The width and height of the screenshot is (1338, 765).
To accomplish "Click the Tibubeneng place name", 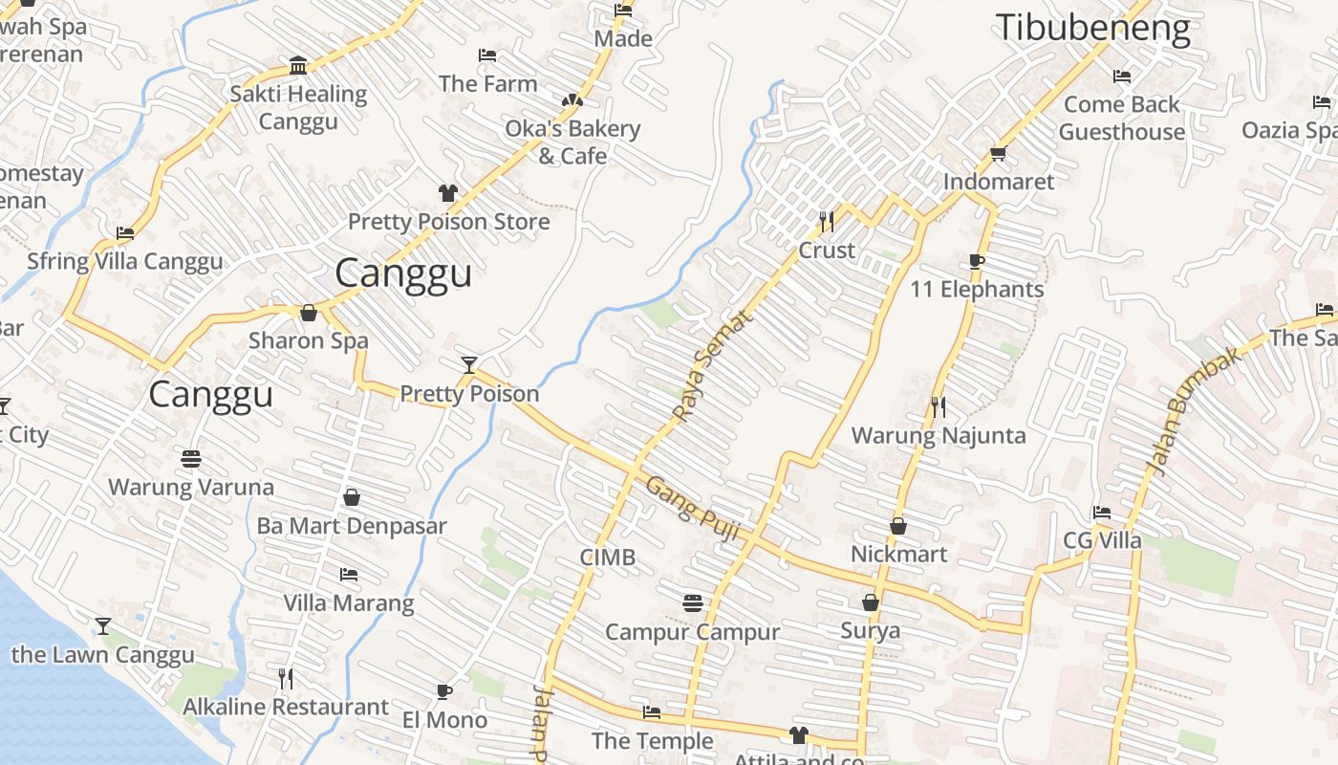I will [x=1092, y=28].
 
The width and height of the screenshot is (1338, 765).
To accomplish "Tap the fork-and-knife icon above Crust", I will [x=827, y=222].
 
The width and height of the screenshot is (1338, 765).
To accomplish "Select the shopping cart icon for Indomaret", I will [x=999, y=153].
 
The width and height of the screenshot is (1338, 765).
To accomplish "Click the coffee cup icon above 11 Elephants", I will [x=976, y=261].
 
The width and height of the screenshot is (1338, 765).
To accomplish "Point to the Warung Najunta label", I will [x=938, y=436].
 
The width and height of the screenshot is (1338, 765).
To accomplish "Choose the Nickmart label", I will [x=898, y=555].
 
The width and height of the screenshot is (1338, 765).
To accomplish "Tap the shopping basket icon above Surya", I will [x=870, y=602].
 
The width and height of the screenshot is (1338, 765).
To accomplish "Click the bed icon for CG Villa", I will [x=1102, y=513].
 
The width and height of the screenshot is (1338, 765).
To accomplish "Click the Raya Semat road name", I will [x=712, y=366].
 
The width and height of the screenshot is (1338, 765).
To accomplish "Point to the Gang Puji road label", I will [x=693, y=510].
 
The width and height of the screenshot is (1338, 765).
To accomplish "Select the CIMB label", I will [x=607, y=557].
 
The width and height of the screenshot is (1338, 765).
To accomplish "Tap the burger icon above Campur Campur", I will [x=693, y=603].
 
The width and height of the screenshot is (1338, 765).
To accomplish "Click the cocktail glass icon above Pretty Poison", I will [x=468, y=364].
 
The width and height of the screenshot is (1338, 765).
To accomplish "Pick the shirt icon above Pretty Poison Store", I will [x=447, y=193].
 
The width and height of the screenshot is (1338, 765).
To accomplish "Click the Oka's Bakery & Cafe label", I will [x=572, y=142].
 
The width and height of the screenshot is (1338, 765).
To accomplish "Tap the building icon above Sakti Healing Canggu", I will [x=298, y=66].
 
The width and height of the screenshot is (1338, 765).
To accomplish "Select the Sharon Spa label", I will [x=308, y=340].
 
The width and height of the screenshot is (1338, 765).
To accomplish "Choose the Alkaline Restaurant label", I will [x=285, y=708].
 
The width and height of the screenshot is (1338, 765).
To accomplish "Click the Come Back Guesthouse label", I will [x=1122, y=118].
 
